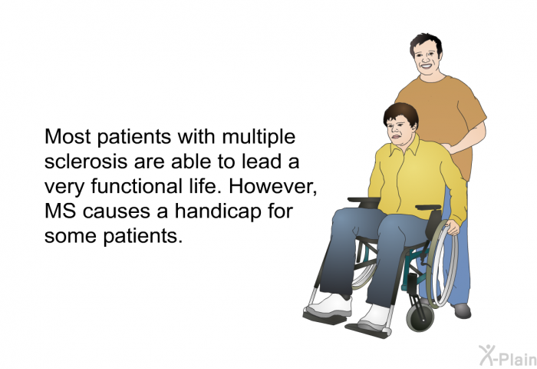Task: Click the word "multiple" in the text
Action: (x=259, y=138)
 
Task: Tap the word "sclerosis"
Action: (x=86, y=161)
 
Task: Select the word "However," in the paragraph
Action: (x=273, y=187)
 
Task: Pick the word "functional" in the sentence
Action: (x=137, y=186)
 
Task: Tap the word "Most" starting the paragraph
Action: (x=68, y=137)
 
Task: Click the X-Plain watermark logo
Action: (x=508, y=356)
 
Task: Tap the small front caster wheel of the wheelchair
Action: (x=420, y=317)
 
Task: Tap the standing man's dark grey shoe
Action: (x=462, y=311)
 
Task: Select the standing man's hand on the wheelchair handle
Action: (x=448, y=148)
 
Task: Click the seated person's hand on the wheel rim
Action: (x=453, y=228)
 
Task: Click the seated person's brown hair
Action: (x=401, y=112)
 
